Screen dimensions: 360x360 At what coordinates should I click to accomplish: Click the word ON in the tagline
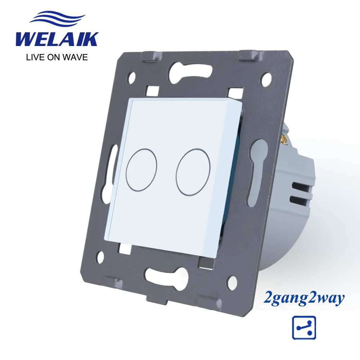pos(53,57)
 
